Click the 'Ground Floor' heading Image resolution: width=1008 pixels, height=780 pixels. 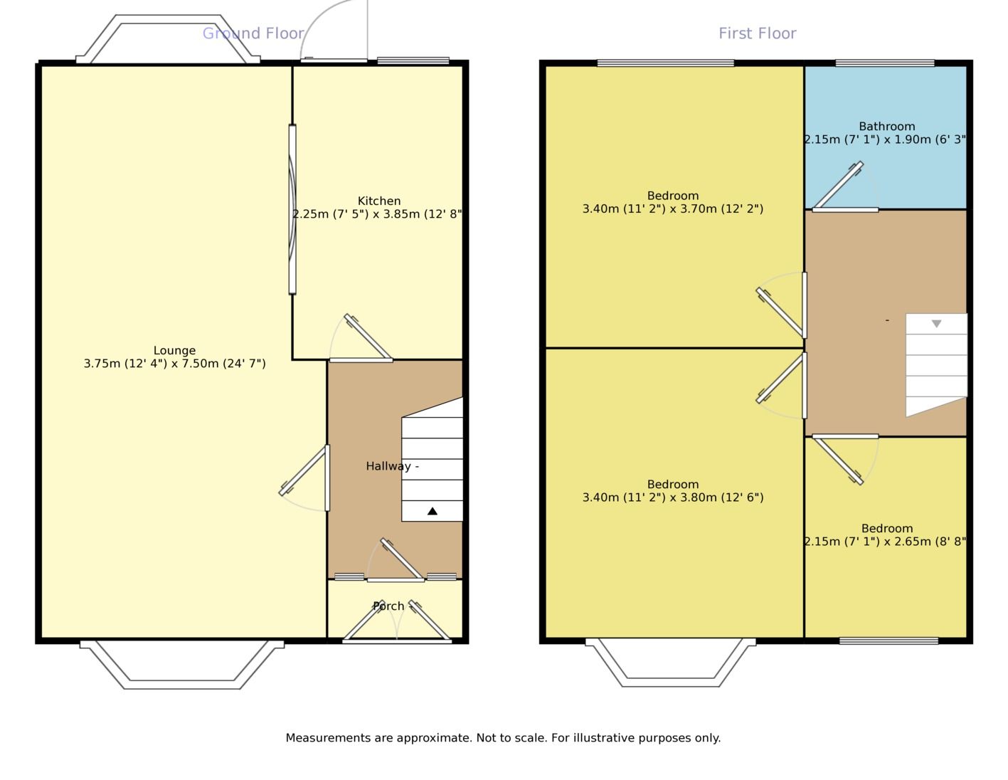(x=253, y=33)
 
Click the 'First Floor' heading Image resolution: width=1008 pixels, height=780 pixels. (x=757, y=33)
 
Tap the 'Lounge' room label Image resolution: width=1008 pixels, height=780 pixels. (x=174, y=350)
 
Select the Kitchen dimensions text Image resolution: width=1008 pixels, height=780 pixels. (x=377, y=214)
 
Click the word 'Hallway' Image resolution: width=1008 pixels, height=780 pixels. (x=388, y=466)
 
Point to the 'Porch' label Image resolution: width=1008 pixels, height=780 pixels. (x=388, y=606)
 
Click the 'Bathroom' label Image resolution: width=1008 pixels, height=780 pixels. (x=886, y=126)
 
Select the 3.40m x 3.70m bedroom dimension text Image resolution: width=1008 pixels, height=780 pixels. (x=673, y=209)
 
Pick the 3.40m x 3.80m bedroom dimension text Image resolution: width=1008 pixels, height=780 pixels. (x=673, y=497)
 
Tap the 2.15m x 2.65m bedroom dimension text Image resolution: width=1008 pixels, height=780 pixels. (x=885, y=542)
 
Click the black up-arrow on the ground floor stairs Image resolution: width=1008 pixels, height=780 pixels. (x=433, y=511)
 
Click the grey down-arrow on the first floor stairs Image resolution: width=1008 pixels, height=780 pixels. (x=936, y=323)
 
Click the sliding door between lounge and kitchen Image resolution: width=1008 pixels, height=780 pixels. (x=292, y=209)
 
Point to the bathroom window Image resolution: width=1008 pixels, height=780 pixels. (x=885, y=63)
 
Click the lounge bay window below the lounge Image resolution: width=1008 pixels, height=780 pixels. (x=182, y=665)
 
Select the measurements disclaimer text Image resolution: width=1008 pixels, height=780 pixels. (x=503, y=738)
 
